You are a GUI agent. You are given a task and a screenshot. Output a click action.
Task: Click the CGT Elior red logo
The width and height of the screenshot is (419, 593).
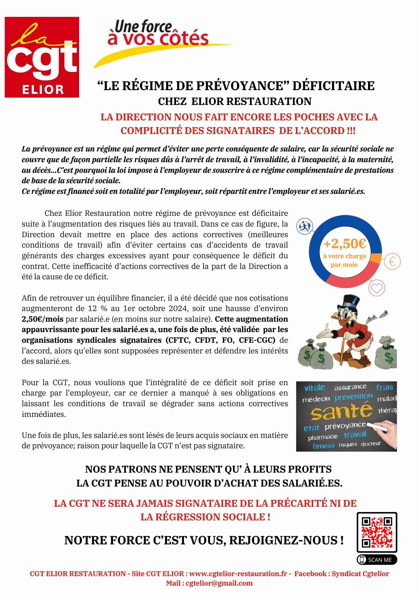coord(42,57)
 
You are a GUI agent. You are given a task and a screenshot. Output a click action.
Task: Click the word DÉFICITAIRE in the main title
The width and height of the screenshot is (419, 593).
coord(333,86)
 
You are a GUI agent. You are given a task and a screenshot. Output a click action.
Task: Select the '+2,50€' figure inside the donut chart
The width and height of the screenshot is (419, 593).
coord(345,244)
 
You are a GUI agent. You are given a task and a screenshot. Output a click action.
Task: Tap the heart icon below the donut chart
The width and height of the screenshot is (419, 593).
coord(377,288)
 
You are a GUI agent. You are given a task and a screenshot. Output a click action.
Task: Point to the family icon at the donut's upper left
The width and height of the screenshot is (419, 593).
coord(305,227)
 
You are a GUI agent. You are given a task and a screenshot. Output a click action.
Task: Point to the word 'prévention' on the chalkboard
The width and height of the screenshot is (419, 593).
coord(354,397)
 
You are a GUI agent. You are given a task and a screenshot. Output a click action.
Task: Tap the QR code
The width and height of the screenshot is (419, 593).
coord(377,532)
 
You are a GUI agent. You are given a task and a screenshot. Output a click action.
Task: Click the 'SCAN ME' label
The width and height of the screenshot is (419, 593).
coord(377,559)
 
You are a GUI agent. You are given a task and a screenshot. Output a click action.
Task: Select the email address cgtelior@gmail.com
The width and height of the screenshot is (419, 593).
coord(219,583)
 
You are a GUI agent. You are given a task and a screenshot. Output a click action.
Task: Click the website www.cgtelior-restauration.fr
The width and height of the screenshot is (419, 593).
coord(238,574)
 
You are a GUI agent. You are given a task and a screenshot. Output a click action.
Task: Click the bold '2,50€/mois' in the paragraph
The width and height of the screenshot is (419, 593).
coord(42,319)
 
